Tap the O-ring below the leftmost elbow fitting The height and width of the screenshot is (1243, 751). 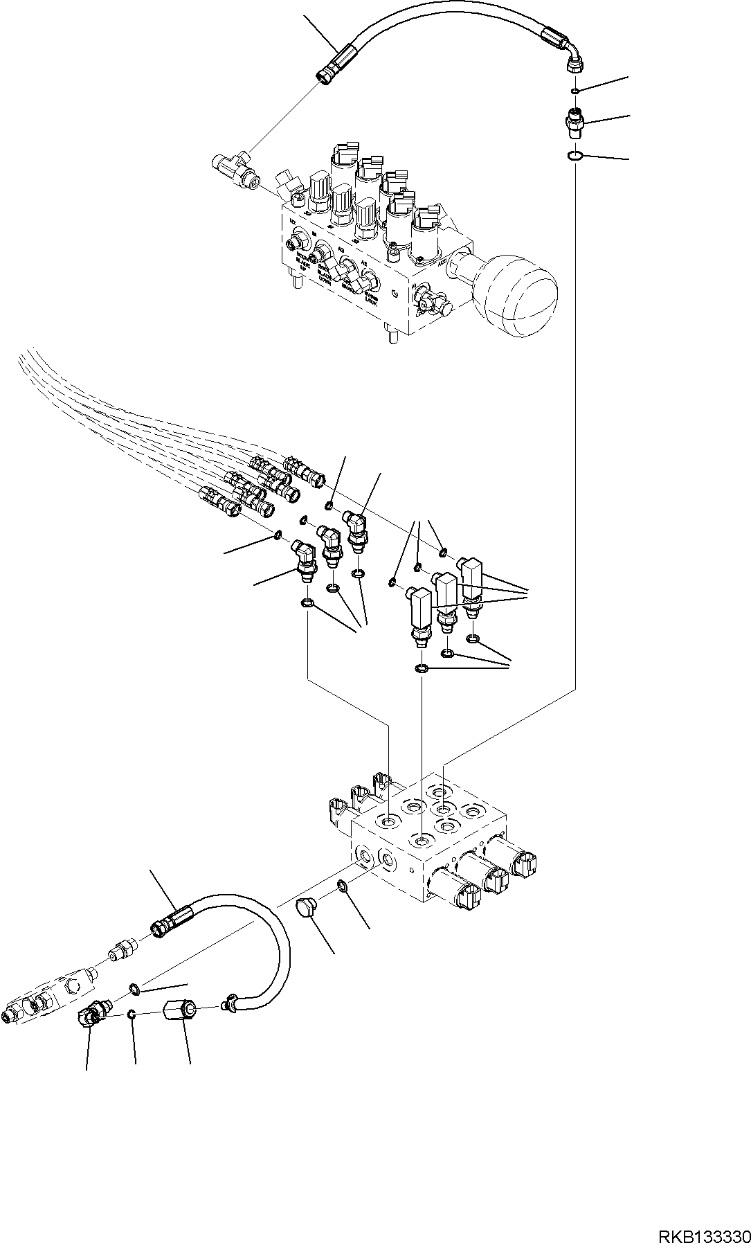click(x=307, y=605)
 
